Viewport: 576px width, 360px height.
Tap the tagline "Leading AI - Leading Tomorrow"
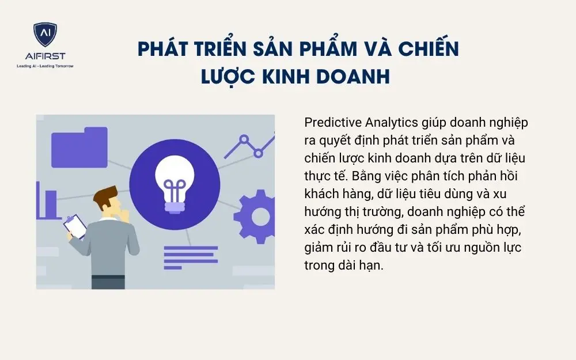pos(45,66)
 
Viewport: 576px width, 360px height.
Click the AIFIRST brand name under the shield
pos(45,56)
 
